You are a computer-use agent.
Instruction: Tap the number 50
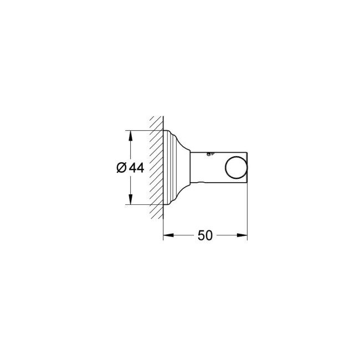point(205,235)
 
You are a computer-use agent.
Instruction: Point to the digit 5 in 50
point(200,235)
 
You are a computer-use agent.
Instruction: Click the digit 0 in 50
point(209,235)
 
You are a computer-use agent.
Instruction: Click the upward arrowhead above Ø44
point(130,135)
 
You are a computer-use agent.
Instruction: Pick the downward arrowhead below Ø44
point(130,201)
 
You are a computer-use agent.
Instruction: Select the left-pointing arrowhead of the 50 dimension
point(167,235)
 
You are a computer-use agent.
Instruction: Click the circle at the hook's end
point(235,168)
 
